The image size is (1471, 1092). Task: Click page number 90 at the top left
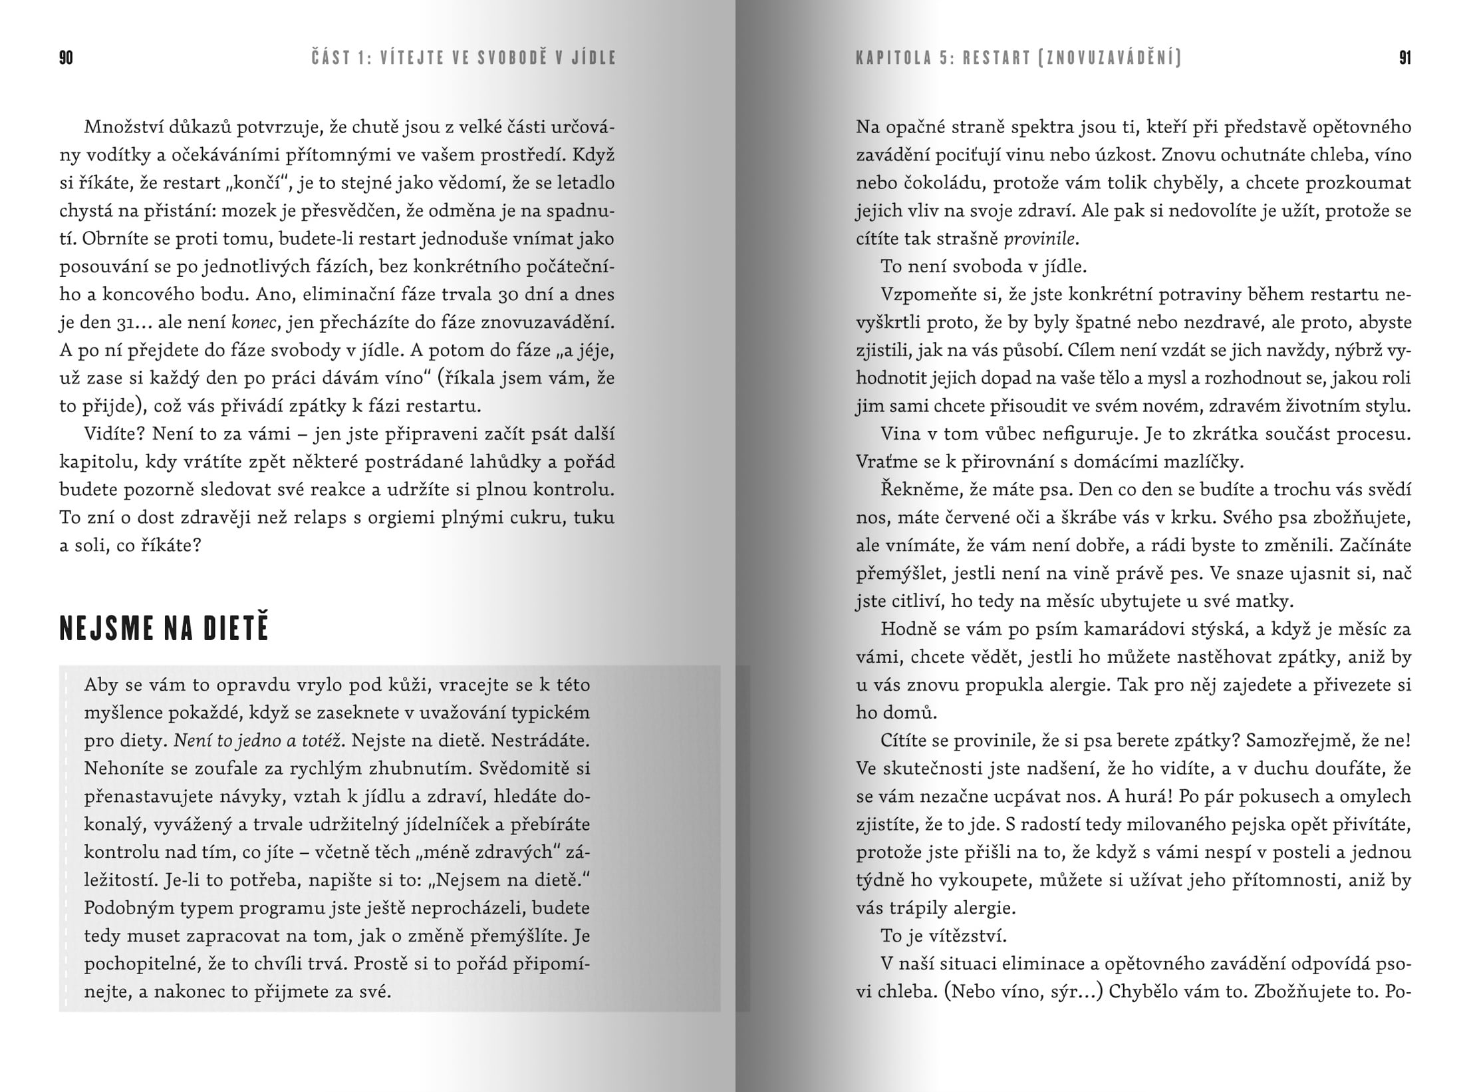click(66, 59)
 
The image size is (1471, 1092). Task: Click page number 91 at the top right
click(1404, 59)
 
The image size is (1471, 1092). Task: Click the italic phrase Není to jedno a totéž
click(257, 741)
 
